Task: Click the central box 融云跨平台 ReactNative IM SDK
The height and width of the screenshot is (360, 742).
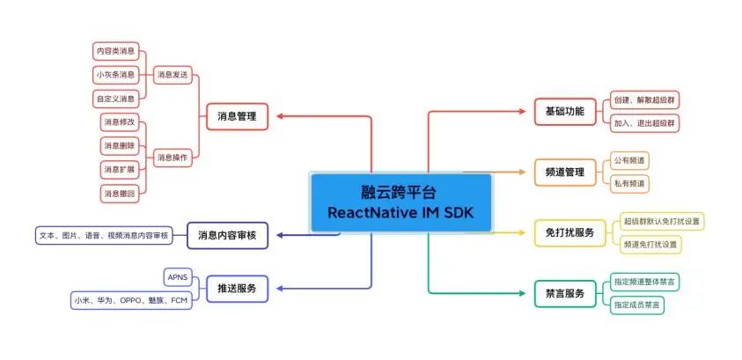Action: (400, 202)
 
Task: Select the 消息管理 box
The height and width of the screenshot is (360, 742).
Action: (237, 116)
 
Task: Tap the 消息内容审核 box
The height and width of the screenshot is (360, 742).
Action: (227, 235)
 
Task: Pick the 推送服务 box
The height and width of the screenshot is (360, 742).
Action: (237, 289)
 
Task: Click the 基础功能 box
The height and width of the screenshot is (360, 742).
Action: (565, 112)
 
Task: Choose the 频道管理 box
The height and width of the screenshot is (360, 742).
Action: (565, 173)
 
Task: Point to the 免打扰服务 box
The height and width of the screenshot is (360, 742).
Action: (570, 232)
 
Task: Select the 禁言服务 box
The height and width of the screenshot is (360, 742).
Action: (565, 293)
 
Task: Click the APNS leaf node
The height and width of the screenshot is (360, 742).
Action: (179, 277)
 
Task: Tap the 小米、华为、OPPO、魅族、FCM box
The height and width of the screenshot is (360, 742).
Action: (131, 300)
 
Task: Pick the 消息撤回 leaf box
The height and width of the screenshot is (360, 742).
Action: (120, 194)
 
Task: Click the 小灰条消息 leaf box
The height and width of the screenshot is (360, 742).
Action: (116, 74)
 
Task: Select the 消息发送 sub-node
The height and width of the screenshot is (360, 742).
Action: (173, 74)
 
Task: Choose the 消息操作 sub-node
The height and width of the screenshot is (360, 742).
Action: (173, 158)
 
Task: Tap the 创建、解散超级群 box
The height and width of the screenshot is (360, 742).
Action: (644, 99)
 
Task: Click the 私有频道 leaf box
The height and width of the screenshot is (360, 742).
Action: (629, 183)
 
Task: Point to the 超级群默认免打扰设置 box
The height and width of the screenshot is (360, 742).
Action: (662, 221)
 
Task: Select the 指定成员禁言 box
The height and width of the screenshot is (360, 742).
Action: (637, 305)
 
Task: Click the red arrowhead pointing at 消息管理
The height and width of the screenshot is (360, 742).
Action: (280, 116)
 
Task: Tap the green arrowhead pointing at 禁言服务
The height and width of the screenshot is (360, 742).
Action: (523, 293)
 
